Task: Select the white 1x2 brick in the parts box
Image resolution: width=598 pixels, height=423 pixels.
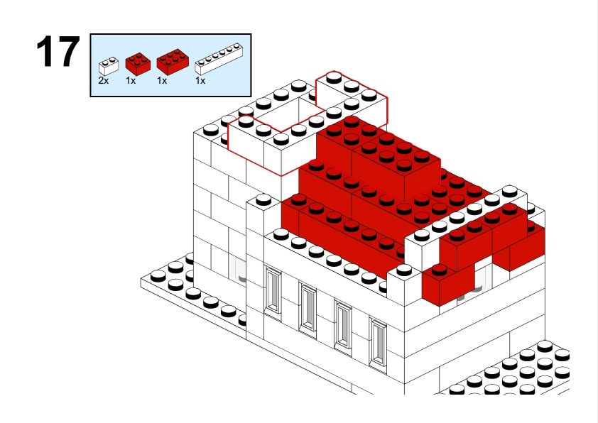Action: click(x=109, y=66)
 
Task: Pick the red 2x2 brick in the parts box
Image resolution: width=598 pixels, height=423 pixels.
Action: click(x=138, y=64)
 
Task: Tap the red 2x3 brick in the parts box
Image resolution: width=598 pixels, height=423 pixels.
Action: click(x=173, y=62)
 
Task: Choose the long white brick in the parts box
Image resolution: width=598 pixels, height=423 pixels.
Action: click(x=219, y=59)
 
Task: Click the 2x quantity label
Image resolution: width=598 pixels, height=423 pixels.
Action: click(x=104, y=81)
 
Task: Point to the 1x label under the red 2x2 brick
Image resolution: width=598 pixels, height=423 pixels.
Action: click(x=131, y=81)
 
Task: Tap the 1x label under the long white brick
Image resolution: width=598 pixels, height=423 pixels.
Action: click(x=200, y=81)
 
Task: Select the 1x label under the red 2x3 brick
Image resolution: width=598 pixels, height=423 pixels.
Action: click(x=162, y=81)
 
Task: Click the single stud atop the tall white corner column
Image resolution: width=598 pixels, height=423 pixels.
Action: click(x=263, y=199)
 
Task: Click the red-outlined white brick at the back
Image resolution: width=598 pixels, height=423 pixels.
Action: click(x=352, y=100)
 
